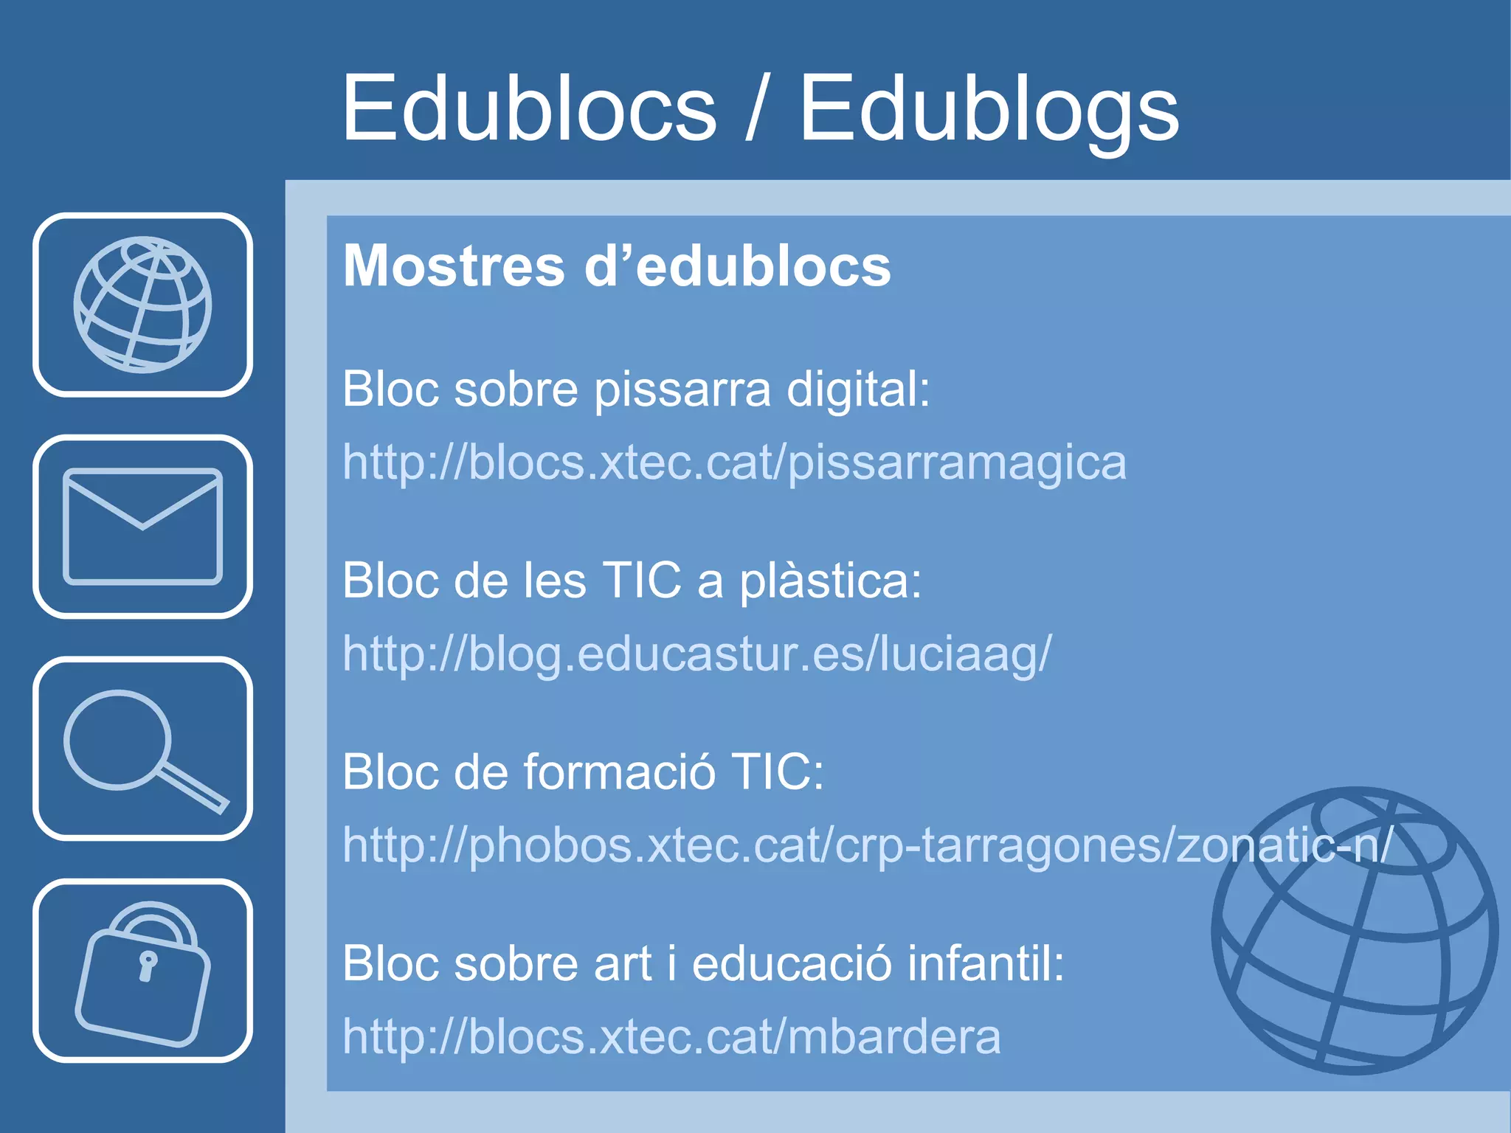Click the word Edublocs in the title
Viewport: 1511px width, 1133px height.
point(529,109)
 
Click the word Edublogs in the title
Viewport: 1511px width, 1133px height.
point(989,109)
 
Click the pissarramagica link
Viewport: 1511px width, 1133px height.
point(734,463)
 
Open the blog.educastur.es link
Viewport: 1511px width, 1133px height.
point(696,654)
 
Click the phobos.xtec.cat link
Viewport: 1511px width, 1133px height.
point(867,845)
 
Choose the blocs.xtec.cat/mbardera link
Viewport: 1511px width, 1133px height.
point(671,1036)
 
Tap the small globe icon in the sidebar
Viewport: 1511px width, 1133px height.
point(142,304)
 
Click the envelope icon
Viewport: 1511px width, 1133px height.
point(142,526)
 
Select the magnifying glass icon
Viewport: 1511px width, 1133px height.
point(142,748)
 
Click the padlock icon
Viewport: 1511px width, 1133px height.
point(142,971)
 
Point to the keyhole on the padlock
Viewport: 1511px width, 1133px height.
point(148,965)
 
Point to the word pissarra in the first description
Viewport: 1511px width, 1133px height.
point(682,389)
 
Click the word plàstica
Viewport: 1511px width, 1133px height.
point(830,581)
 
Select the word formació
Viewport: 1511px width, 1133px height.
point(620,772)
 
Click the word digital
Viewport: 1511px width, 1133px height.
point(857,389)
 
